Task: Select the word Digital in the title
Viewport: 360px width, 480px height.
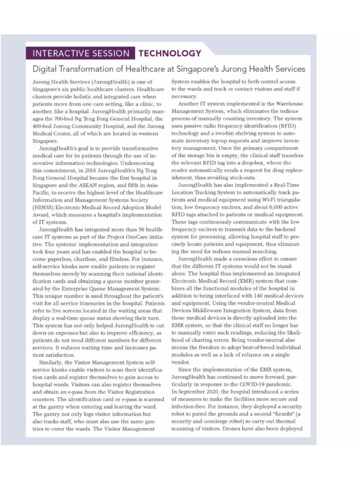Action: coord(45,69)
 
